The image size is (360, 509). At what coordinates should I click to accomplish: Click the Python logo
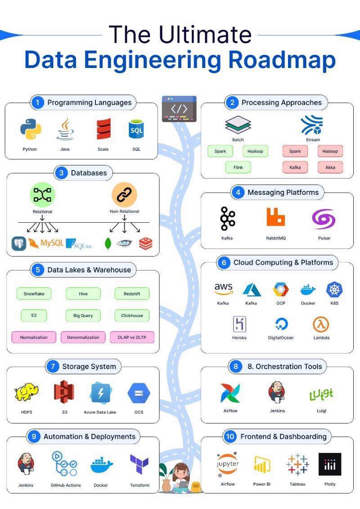click(31, 129)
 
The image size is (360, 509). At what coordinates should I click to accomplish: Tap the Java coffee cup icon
click(65, 129)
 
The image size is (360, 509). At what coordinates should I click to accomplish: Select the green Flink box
click(238, 167)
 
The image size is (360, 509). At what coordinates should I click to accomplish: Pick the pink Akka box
click(330, 167)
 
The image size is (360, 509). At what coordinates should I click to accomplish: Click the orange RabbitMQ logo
click(275, 217)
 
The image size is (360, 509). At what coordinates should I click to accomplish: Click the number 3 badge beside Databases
click(61, 173)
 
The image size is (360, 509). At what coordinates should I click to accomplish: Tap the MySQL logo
click(46, 243)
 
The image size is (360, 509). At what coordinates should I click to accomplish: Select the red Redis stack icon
click(145, 243)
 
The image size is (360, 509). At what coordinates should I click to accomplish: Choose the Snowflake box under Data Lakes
click(34, 294)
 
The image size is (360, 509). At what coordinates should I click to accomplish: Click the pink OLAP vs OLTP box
click(132, 337)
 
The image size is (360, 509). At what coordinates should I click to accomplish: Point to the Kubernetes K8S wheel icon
click(334, 289)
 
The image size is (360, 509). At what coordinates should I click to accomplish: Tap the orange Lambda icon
click(321, 324)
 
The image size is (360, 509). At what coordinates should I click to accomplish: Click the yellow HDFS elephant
click(26, 392)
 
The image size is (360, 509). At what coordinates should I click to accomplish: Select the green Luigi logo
click(321, 395)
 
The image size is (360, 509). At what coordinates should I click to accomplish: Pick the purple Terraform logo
click(139, 464)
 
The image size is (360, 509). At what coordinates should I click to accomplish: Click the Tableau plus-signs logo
click(297, 464)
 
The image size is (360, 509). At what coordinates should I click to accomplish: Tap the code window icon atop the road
click(179, 109)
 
